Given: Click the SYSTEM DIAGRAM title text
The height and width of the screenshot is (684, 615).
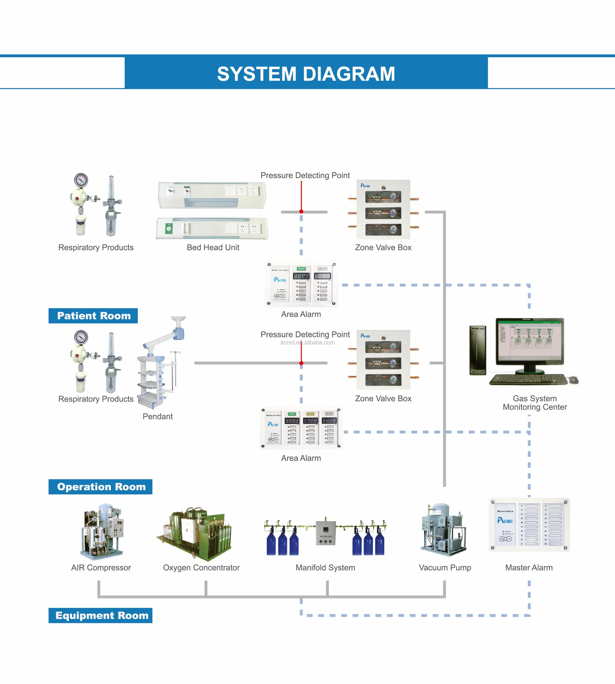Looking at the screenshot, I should pyautogui.click(x=306, y=74).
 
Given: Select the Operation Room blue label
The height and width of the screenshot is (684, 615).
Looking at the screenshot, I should pyautogui.click(x=101, y=487).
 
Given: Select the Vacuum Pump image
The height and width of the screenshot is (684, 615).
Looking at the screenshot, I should pyautogui.click(x=443, y=529).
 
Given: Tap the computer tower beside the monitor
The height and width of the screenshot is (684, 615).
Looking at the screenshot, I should pyautogui.click(x=478, y=350).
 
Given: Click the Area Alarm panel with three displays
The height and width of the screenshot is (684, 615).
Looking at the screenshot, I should pyautogui.click(x=301, y=428).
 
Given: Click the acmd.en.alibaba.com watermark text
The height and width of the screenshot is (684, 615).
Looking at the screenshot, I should pyautogui.click(x=308, y=342).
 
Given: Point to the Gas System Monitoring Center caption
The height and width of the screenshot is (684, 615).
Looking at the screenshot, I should pyautogui.click(x=535, y=403).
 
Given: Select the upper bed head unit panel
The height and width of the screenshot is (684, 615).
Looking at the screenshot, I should pyautogui.click(x=212, y=195).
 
